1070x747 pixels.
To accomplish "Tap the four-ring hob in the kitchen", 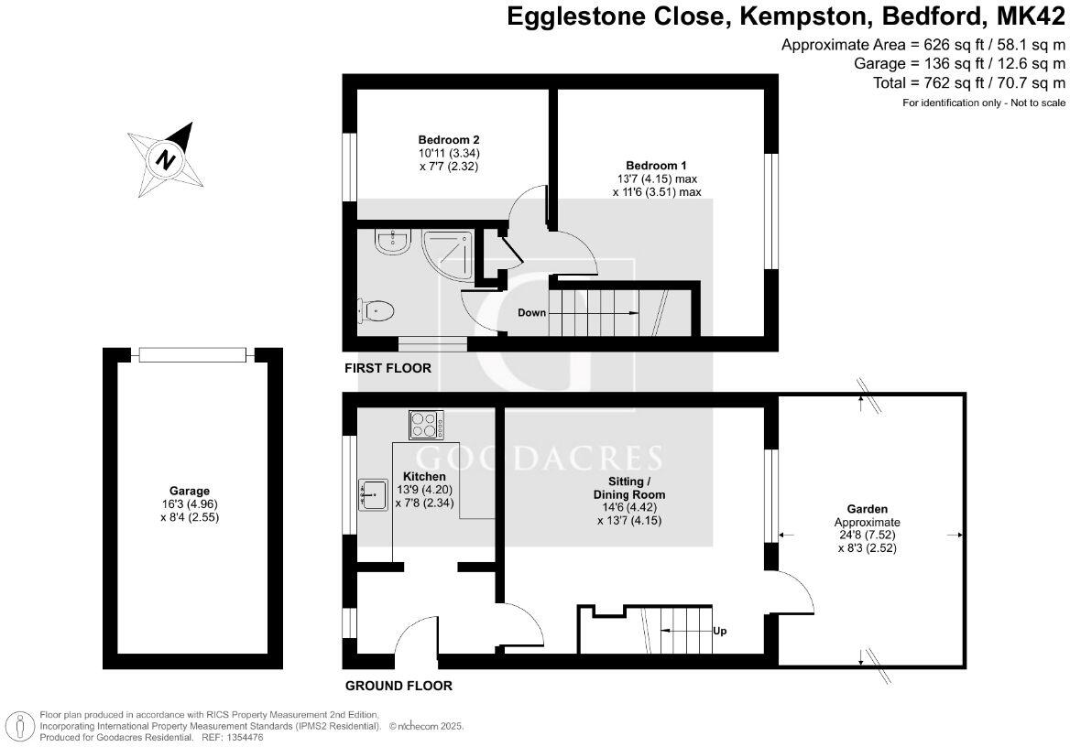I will point(426,425).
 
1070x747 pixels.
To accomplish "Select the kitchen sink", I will point(372,495).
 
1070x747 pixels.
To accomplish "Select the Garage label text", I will point(189,492).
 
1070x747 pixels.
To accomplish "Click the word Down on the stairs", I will point(531,313).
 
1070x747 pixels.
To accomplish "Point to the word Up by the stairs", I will point(719,631).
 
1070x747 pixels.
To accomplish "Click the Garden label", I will point(867,509).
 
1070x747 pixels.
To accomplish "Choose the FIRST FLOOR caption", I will point(388,369).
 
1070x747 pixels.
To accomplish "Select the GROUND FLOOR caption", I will point(399,686).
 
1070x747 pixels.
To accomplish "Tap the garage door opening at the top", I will point(191,355).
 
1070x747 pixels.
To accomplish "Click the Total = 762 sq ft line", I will point(969,83).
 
